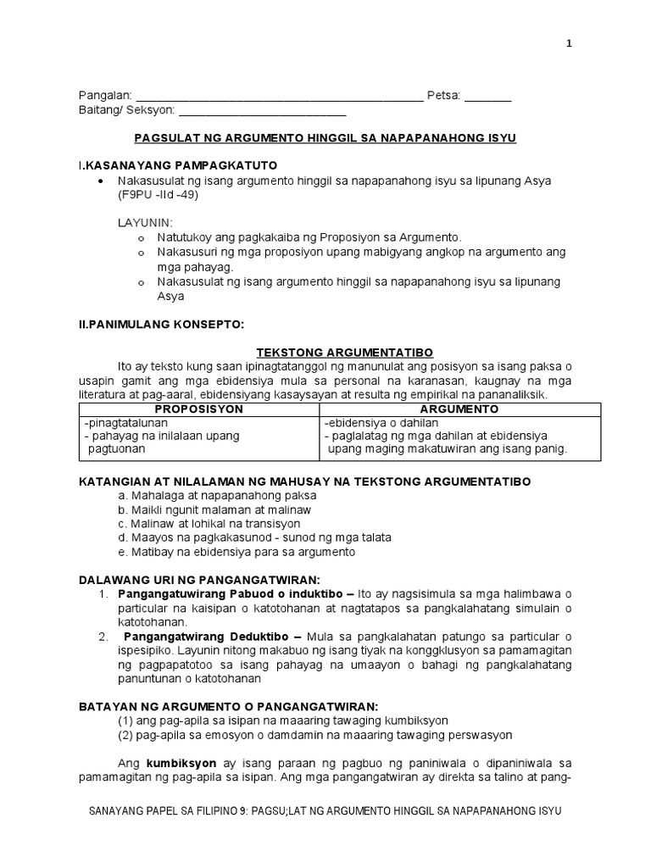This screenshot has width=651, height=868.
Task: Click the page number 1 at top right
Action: click(570, 45)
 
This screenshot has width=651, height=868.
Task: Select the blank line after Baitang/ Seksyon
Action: click(263, 111)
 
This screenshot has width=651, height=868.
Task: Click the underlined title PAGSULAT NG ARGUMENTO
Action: click(325, 137)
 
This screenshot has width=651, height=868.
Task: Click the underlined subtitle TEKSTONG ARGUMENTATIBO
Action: click(325, 352)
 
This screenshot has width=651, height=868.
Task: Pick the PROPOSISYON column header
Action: click(198, 409)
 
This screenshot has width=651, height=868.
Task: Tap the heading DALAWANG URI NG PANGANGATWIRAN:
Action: click(199, 579)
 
